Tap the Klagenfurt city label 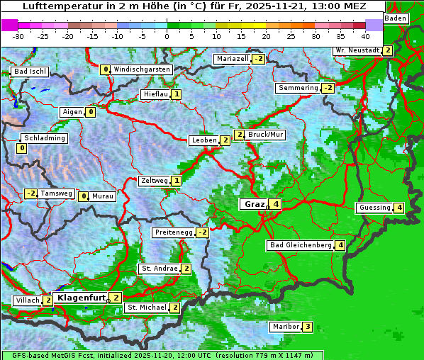click(x=80, y=298)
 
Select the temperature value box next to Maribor click(x=307, y=327)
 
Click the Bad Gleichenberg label click(x=301, y=245)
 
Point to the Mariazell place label click(x=233, y=59)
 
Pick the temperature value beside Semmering click(x=328, y=88)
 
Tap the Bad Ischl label click(x=30, y=72)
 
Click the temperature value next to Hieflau click(x=176, y=94)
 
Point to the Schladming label click(x=44, y=138)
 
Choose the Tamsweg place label click(x=56, y=193)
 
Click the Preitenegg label click(x=173, y=232)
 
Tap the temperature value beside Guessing click(x=400, y=208)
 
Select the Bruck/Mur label click(x=266, y=135)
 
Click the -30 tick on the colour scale click(x=18, y=35)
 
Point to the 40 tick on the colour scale click(x=365, y=35)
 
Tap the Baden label click(x=396, y=18)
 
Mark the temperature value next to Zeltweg click(x=177, y=181)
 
